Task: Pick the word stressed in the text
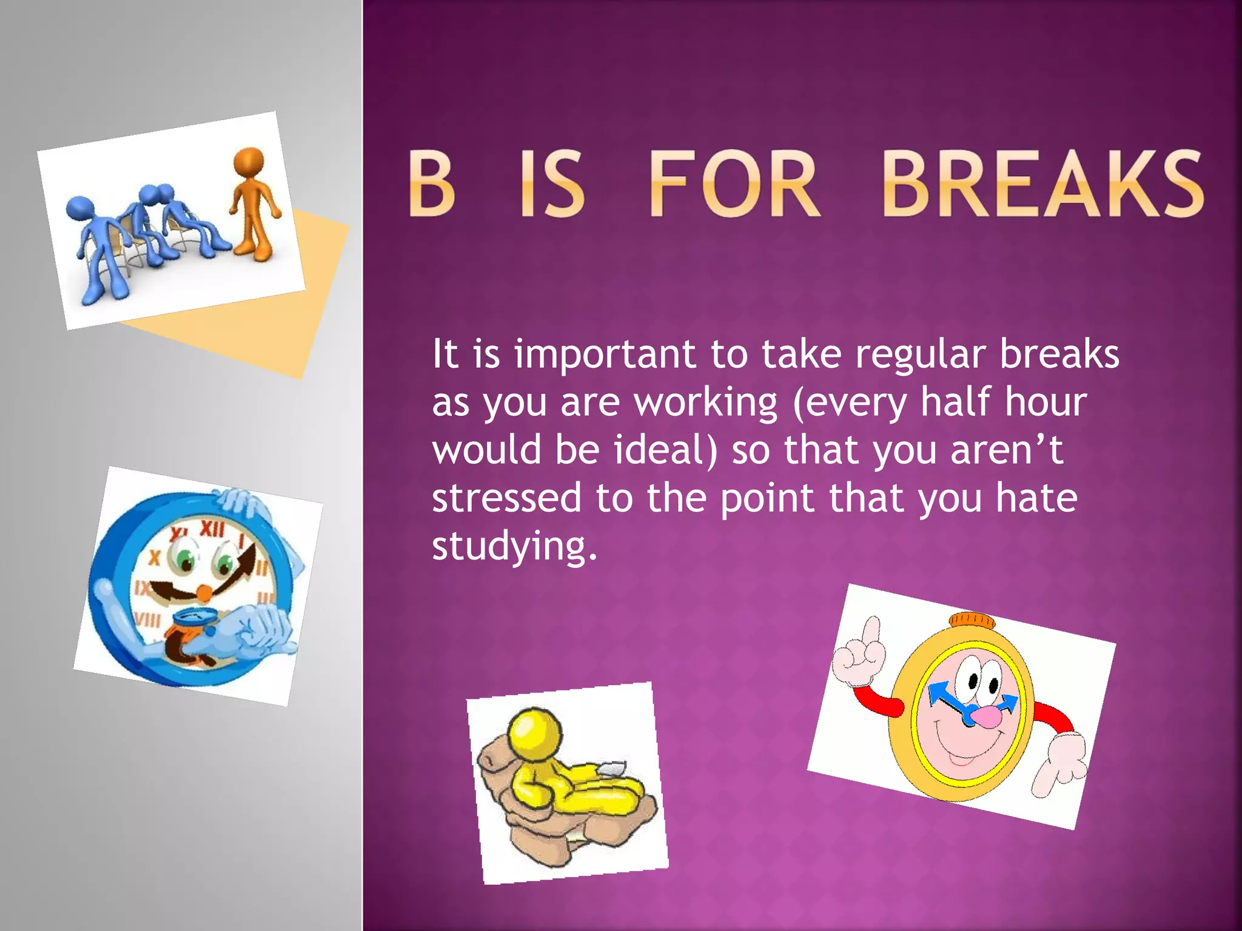(x=506, y=498)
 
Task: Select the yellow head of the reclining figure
(x=535, y=733)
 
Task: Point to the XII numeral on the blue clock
(x=212, y=530)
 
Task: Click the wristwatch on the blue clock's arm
(x=195, y=619)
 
